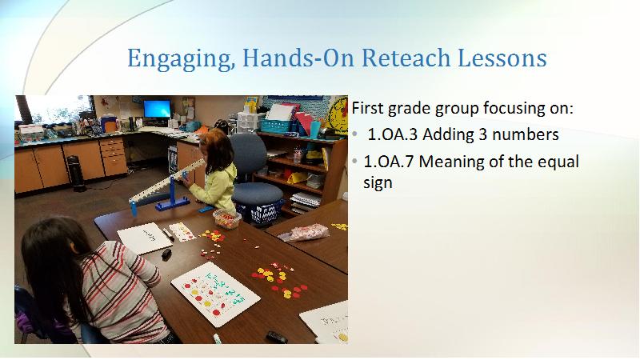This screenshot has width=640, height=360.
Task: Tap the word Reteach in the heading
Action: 406,58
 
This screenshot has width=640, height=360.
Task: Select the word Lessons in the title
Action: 502,58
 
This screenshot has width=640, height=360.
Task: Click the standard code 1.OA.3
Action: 392,134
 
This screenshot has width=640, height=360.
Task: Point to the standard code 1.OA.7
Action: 388,162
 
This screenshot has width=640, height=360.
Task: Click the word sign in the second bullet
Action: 378,183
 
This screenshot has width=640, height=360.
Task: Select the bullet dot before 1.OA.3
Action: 355,134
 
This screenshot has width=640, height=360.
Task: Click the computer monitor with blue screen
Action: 157,110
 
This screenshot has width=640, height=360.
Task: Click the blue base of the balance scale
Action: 172,202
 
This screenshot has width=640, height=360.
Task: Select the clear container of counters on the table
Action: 227,218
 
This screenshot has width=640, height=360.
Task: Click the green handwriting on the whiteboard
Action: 226,290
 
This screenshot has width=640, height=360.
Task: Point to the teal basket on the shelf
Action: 277,126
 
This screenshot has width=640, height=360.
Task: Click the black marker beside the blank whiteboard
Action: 168,234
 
